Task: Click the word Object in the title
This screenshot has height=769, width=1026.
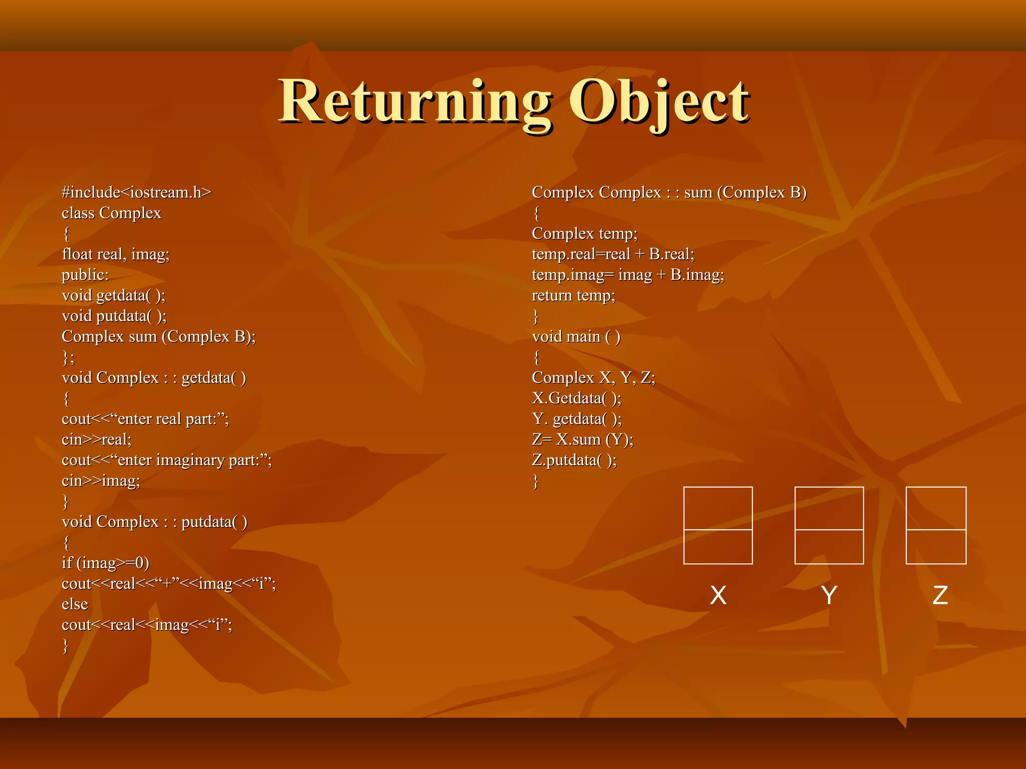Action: click(x=659, y=103)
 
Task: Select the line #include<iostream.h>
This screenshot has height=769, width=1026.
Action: click(x=136, y=192)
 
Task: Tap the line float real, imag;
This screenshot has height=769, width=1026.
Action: click(x=116, y=254)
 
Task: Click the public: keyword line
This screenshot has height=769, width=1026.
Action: click(x=85, y=275)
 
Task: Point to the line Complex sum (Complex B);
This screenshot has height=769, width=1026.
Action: click(x=158, y=336)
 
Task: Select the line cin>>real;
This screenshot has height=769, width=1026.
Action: click(x=97, y=440)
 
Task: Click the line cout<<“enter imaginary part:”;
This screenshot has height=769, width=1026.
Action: click(x=166, y=460)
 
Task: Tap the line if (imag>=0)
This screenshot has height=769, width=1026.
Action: click(x=105, y=563)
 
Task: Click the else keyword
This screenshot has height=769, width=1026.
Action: click(x=75, y=604)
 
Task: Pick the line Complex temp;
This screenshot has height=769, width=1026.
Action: click(x=584, y=234)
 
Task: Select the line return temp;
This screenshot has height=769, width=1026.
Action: click(x=573, y=295)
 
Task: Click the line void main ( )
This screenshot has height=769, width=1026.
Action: click(x=576, y=336)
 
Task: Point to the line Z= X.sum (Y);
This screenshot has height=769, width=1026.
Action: click(x=582, y=440)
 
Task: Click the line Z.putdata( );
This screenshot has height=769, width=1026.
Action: click(x=574, y=460)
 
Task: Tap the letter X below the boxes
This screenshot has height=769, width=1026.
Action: click(x=718, y=595)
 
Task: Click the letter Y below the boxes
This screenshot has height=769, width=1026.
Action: click(x=829, y=595)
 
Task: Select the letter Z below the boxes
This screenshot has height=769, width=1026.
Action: click(x=940, y=595)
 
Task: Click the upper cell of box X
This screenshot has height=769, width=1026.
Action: click(x=718, y=508)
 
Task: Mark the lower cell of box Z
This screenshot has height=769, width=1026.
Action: click(x=936, y=547)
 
